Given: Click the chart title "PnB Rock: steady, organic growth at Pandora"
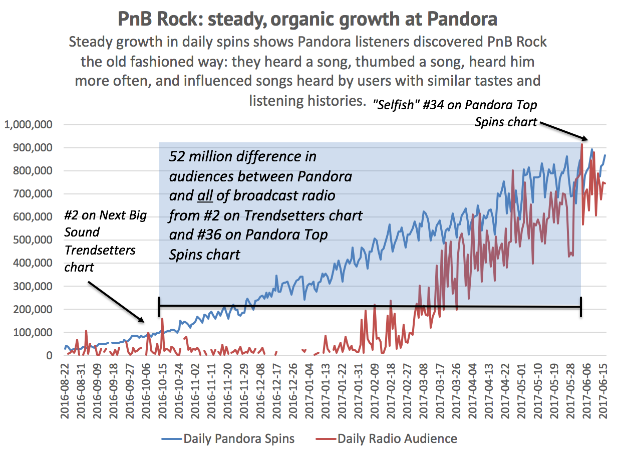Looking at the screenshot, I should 307,19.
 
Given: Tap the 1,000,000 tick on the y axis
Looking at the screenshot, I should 29,125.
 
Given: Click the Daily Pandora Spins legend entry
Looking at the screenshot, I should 228,439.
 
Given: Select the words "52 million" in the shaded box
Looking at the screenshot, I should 200,157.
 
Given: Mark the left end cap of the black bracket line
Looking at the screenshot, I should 159,306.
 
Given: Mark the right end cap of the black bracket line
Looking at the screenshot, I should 581,306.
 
